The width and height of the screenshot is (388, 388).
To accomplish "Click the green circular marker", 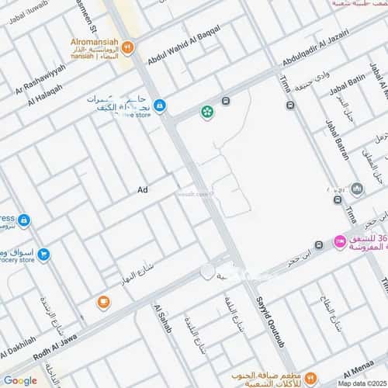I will tap(207, 113).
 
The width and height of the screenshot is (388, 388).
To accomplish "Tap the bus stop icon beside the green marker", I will tap(225, 102).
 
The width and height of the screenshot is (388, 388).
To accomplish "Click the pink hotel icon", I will tap(339, 242).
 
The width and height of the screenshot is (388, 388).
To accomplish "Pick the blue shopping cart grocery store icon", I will tap(43, 254).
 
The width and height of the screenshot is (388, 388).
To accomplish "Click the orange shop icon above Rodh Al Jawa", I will tap(103, 303).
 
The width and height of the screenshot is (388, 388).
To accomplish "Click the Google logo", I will tap(20, 379).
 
